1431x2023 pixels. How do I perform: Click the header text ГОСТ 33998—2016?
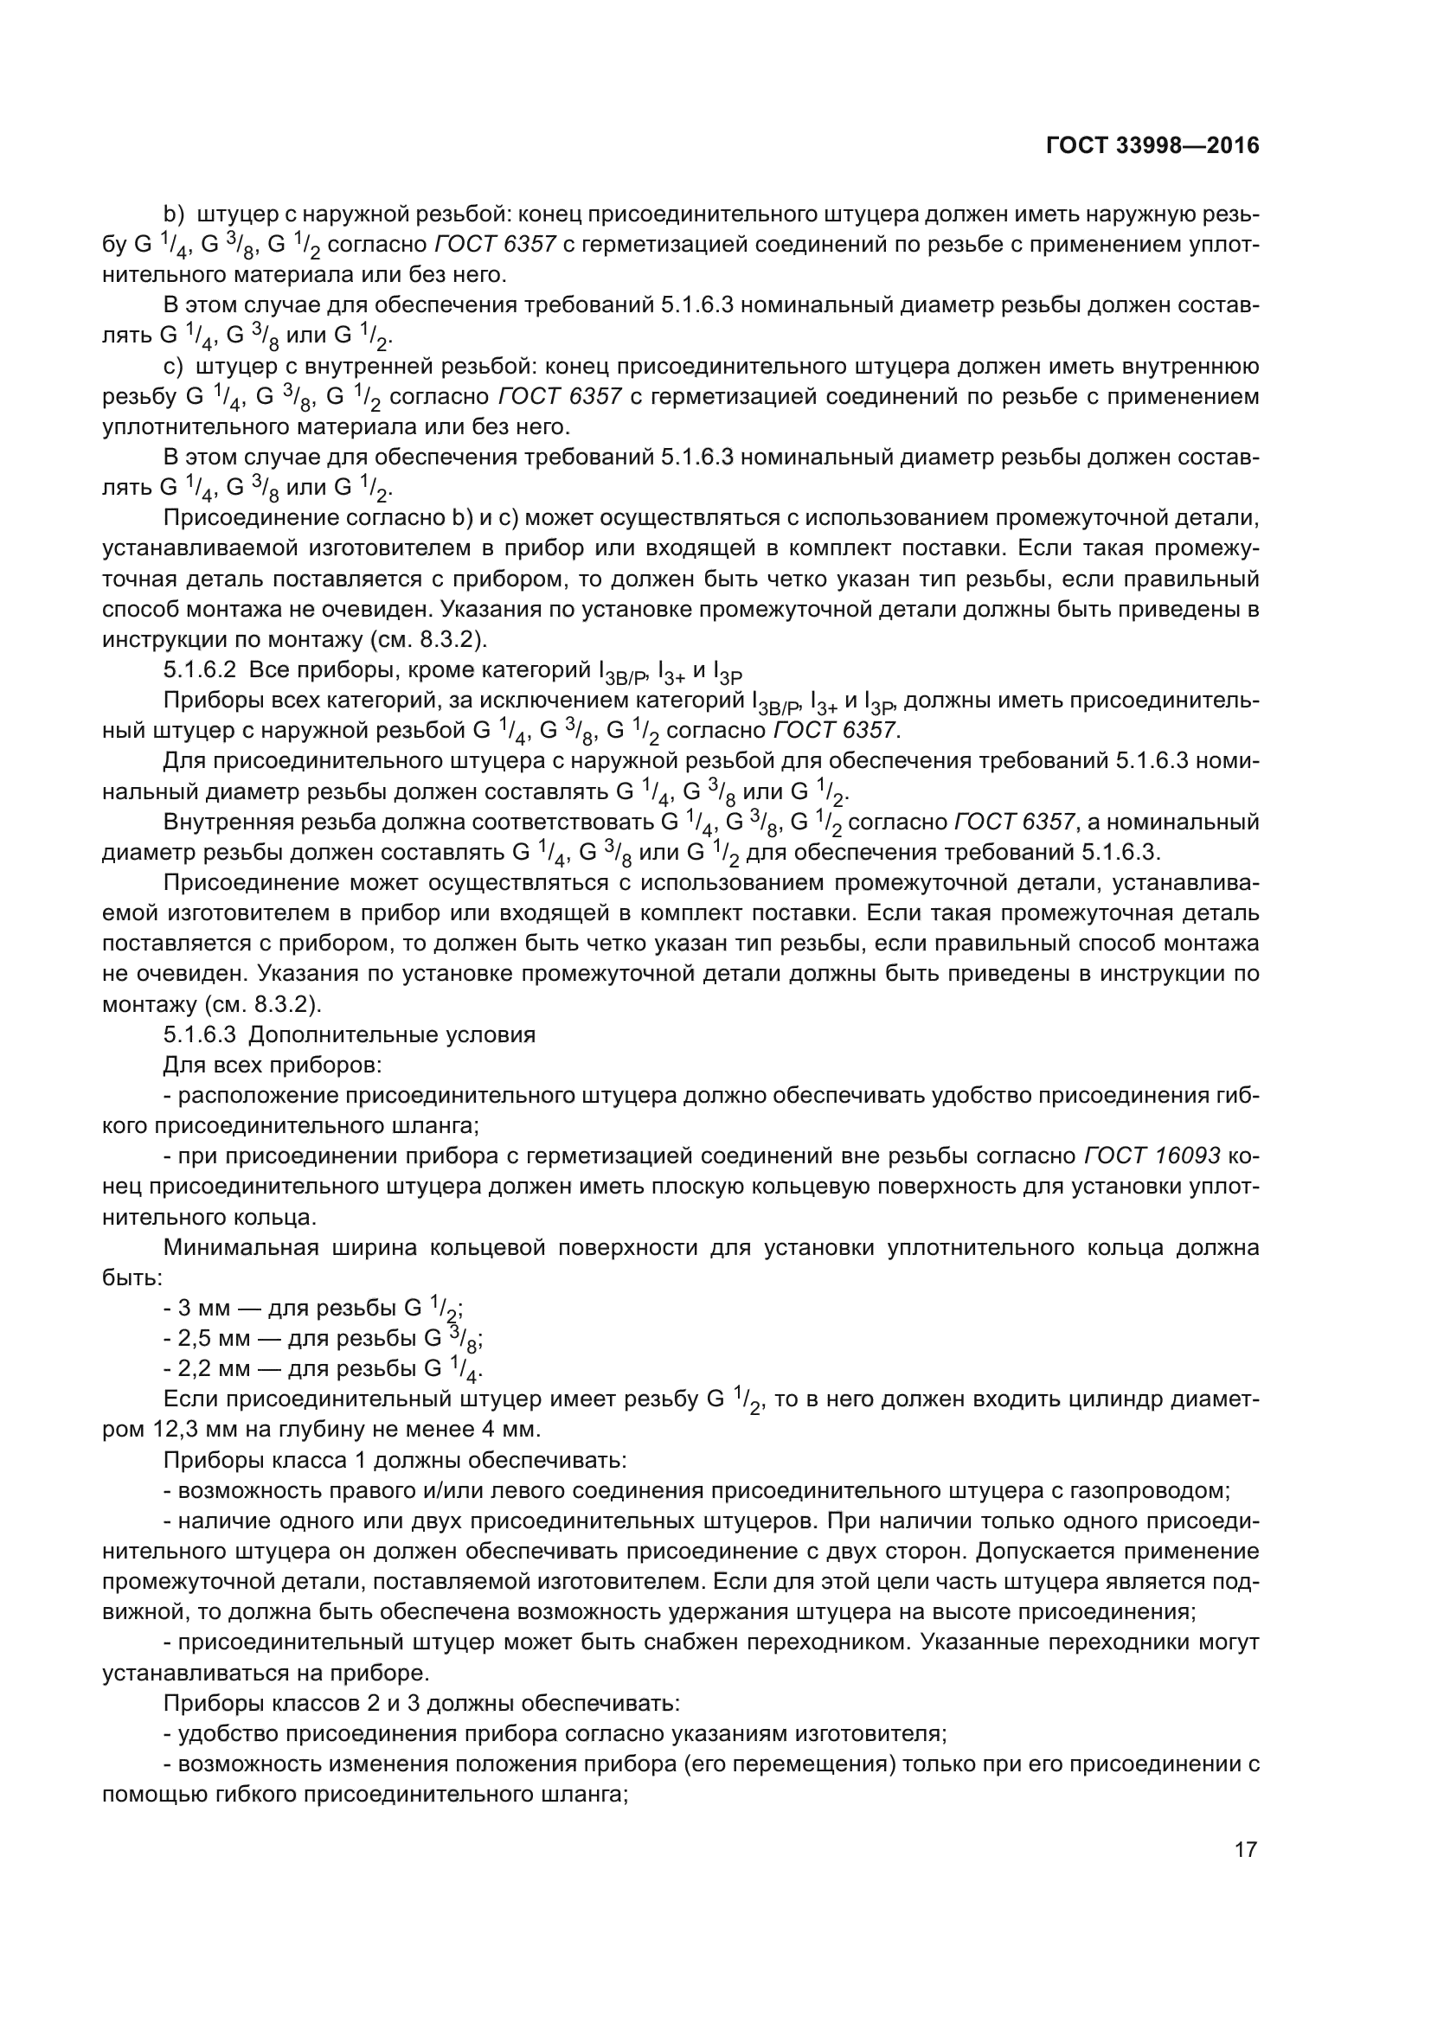[1152, 145]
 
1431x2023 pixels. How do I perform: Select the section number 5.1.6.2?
[199, 670]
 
